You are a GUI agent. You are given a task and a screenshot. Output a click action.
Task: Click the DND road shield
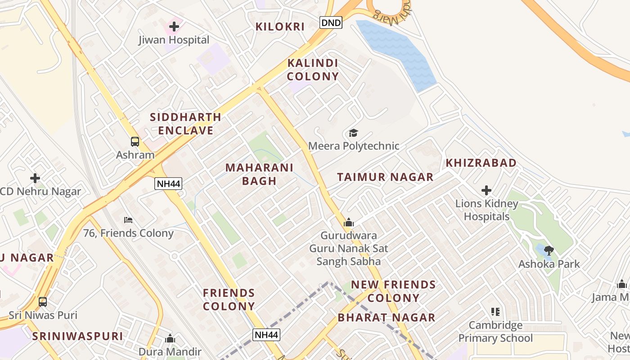coord(331,22)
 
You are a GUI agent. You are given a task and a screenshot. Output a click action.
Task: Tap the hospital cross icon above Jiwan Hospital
coord(174,27)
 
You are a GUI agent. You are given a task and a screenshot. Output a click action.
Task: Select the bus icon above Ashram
coord(135,142)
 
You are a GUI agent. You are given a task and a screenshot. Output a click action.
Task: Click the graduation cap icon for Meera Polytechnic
coord(353,133)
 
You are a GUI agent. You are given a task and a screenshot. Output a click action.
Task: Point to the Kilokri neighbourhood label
coord(280,27)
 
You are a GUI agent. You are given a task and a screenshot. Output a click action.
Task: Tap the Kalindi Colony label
coord(313,70)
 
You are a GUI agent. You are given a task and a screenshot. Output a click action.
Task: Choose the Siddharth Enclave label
coord(185,124)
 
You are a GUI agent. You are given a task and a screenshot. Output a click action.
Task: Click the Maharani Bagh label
coord(259,174)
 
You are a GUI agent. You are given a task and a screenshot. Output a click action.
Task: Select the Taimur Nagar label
coord(385,177)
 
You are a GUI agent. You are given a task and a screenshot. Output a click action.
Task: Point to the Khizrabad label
coord(481,163)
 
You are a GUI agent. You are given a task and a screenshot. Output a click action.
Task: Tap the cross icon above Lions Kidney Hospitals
coord(486,190)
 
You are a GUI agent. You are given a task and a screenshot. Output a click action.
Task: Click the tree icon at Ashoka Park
coord(549,251)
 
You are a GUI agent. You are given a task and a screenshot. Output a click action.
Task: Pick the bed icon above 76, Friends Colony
coord(128,220)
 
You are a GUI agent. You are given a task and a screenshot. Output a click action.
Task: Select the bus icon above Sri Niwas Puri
coord(43,301)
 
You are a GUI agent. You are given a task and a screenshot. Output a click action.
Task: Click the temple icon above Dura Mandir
coord(170,338)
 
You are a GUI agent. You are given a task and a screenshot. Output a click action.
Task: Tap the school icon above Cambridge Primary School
coord(495,311)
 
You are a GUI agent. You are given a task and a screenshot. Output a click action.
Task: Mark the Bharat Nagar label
coord(387,318)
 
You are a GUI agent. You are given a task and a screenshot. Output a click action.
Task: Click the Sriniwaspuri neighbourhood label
coord(77,336)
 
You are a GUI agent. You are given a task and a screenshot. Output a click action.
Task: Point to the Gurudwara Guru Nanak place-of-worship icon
coord(349,222)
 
